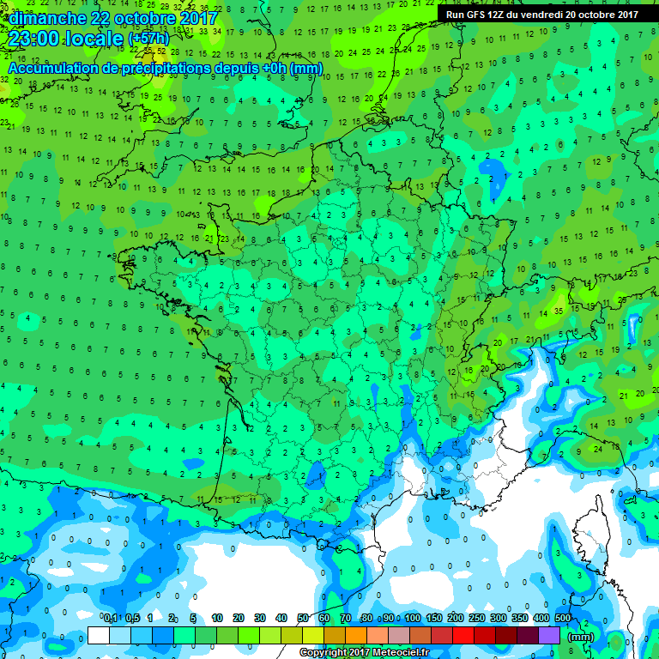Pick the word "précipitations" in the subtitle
click(164, 68)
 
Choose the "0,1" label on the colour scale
click(110, 618)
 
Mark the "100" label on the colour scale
click(413, 618)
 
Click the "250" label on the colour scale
click(477, 618)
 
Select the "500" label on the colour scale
click(563, 618)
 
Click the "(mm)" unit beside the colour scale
click(581, 637)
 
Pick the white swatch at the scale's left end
click(99, 635)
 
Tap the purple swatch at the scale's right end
click(549, 635)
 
